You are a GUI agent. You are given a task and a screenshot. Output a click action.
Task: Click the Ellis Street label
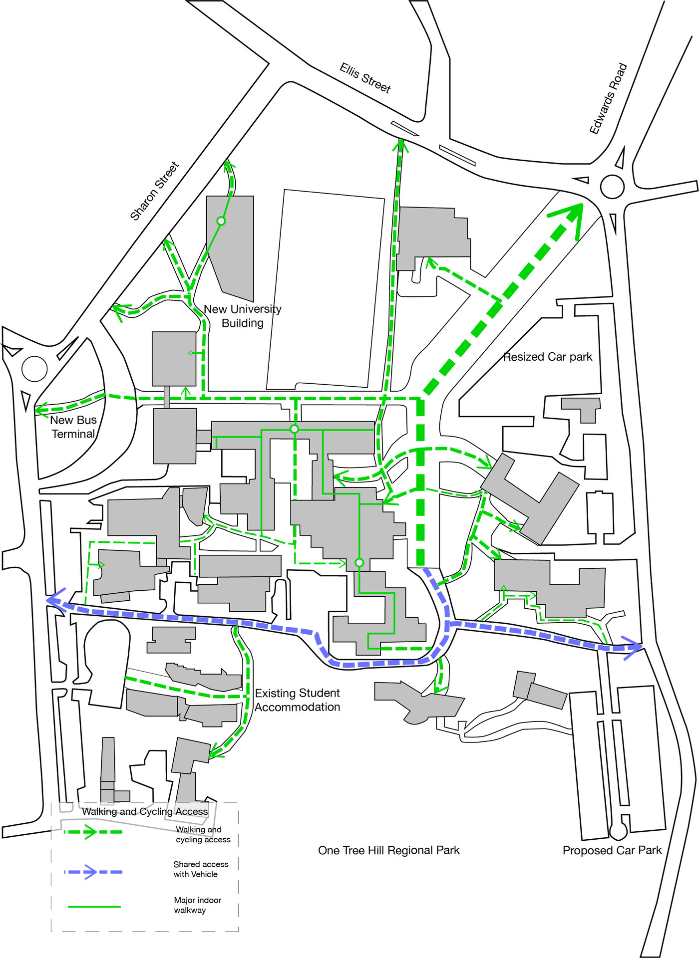tap(365, 78)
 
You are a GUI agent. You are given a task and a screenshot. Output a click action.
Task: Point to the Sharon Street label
tap(154, 191)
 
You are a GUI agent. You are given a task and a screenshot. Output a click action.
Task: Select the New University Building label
tap(243, 316)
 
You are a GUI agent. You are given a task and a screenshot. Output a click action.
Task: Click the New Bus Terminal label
tap(73, 427)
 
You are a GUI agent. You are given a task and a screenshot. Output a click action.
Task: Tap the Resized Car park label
tap(547, 357)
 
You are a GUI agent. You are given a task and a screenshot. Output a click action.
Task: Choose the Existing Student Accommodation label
tap(298, 700)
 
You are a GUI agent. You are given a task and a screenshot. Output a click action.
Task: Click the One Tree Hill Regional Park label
tap(388, 850)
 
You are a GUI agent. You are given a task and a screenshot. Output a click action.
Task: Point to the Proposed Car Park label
tap(612, 850)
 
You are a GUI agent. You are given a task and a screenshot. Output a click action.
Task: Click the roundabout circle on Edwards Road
tap(612, 187)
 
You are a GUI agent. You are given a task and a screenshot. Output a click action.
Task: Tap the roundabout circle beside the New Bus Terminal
tap(34, 369)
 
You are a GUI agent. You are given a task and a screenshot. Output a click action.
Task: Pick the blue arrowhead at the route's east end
tap(633, 648)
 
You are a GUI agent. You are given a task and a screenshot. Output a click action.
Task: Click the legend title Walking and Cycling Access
tap(145, 812)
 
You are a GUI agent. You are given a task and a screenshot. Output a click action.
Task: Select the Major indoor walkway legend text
tap(197, 905)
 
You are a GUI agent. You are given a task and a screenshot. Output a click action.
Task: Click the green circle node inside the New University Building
tap(221, 221)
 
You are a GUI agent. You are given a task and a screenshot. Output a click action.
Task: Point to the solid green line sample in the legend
tap(94, 907)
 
